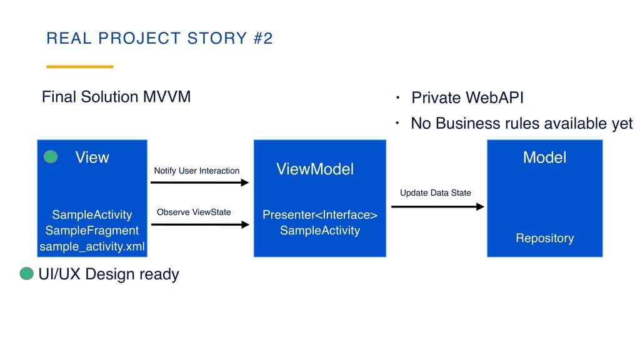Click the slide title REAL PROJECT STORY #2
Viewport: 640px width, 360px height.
pyautogui.click(x=159, y=39)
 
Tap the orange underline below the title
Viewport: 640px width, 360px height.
pyautogui.click(x=80, y=66)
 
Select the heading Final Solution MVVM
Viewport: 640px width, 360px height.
pyautogui.click(x=116, y=97)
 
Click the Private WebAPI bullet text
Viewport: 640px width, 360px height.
pyautogui.click(x=467, y=98)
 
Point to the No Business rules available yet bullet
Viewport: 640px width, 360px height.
pyautogui.click(x=521, y=124)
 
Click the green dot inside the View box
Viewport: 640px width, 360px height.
pyautogui.click(x=51, y=157)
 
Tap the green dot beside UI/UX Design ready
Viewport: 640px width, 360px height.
pyautogui.click(x=27, y=274)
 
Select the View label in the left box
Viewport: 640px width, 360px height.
pyautogui.click(x=92, y=157)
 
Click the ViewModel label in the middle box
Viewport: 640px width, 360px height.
pyautogui.click(x=314, y=169)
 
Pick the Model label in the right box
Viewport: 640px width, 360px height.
pyautogui.click(x=544, y=157)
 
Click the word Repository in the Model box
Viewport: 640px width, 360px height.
pyautogui.click(x=544, y=238)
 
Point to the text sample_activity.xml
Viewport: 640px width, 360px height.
pyautogui.click(x=92, y=247)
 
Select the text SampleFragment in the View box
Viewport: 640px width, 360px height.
pyautogui.click(x=92, y=231)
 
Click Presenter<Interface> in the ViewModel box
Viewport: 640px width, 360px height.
pyautogui.click(x=319, y=215)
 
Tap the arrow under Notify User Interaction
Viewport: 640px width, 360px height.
pyautogui.click(x=200, y=183)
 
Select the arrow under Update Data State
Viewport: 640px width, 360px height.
pyautogui.click(x=437, y=206)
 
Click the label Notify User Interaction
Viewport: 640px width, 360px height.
pyautogui.click(x=196, y=171)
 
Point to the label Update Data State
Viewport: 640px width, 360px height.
pyautogui.click(x=435, y=192)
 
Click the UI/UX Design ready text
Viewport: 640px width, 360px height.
pyautogui.click(x=109, y=274)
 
